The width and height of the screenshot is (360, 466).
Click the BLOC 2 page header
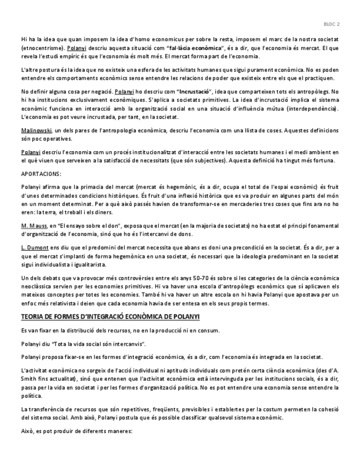(x=331, y=24)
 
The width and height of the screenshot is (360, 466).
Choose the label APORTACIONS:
(x=41, y=173)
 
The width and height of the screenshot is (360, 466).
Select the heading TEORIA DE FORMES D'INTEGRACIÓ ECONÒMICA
(x=110, y=318)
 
